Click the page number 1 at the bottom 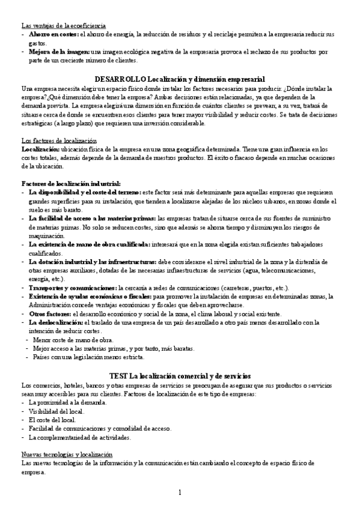coord(180,493)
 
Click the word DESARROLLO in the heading coord(120,79)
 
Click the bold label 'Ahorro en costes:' coord(52,34)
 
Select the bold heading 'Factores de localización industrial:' coord(71,183)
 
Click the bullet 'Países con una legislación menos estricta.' coord(88,358)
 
